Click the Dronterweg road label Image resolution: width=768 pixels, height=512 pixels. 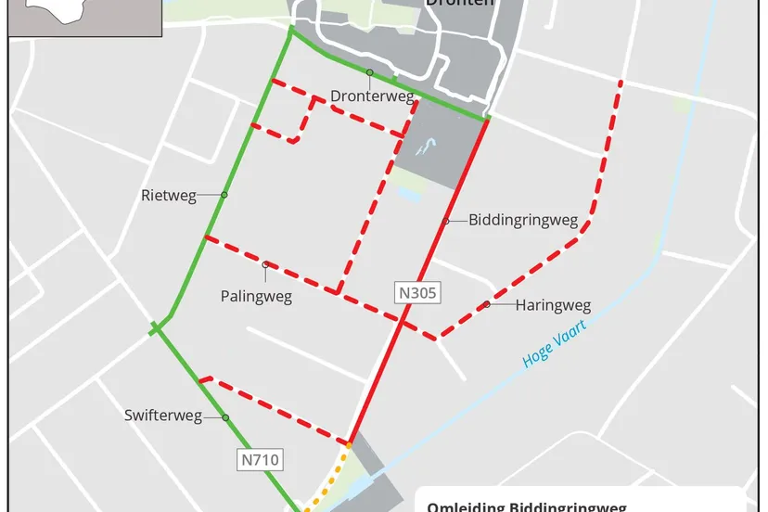(x=372, y=96)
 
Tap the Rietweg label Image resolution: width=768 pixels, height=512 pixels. (x=169, y=196)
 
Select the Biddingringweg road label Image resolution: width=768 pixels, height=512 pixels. (x=523, y=221)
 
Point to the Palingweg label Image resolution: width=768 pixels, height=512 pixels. (x=256, y=297)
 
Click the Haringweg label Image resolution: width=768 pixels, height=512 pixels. (x=553, y=305)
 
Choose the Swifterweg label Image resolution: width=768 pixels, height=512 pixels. (x=163, y=416)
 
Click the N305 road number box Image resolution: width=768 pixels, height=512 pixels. (x=417, y=294)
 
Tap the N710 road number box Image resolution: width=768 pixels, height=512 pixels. (x=260, y=458)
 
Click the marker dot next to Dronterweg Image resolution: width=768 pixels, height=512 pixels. (x=369, y=72)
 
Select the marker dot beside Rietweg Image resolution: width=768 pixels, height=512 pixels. (x=224, y=195)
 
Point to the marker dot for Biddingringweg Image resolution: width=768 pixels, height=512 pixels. (x=446, y=221)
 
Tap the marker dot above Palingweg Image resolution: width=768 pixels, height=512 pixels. (x=266, y=265)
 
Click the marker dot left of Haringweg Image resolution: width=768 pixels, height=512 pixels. (x=487, y=304)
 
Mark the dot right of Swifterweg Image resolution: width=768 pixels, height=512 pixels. (x=225, y=417)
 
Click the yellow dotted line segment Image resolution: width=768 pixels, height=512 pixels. (x=330, y=478)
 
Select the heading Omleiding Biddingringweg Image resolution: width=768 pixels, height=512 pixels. (x=526, y=506)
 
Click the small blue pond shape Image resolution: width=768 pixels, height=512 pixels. (x=427, y=147)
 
